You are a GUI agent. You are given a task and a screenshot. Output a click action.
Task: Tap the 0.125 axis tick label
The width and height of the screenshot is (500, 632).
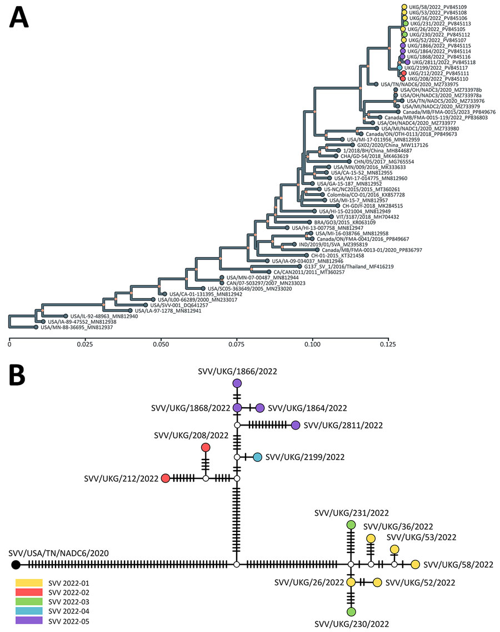pos(388,345)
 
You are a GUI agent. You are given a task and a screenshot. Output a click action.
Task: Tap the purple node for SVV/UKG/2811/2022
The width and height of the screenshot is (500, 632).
pos(296,426)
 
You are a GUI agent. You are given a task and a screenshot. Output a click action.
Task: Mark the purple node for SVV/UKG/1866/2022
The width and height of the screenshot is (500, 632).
pos(237,383)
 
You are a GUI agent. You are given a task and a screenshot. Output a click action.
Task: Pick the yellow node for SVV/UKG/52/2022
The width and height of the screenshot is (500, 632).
pos(377,582)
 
